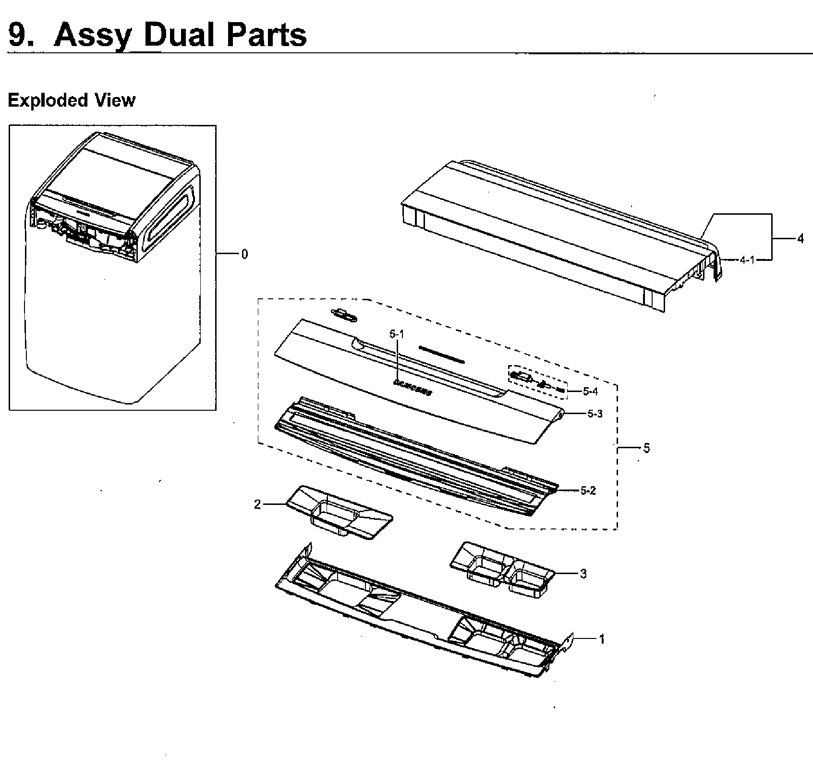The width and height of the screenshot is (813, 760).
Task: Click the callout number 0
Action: tap(244, 254)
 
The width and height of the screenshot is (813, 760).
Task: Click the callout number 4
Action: tap(800, 238)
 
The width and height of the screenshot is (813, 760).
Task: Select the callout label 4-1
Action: tap(747, 260)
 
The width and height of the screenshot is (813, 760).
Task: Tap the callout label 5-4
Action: tap(590, 391)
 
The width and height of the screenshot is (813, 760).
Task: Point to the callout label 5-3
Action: tap(595, 414)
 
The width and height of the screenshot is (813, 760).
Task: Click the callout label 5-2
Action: tap(588, 490)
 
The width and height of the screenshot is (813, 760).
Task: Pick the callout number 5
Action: tap(646, 448)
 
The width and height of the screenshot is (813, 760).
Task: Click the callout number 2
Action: tap(257, 504)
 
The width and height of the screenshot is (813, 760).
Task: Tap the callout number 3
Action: tap(583, 574)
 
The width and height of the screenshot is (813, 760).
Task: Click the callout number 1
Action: tap(601, 639)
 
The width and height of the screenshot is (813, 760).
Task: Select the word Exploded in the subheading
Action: tap(48, 100)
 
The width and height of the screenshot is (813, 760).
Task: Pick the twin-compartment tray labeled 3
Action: tap(502, 569)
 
